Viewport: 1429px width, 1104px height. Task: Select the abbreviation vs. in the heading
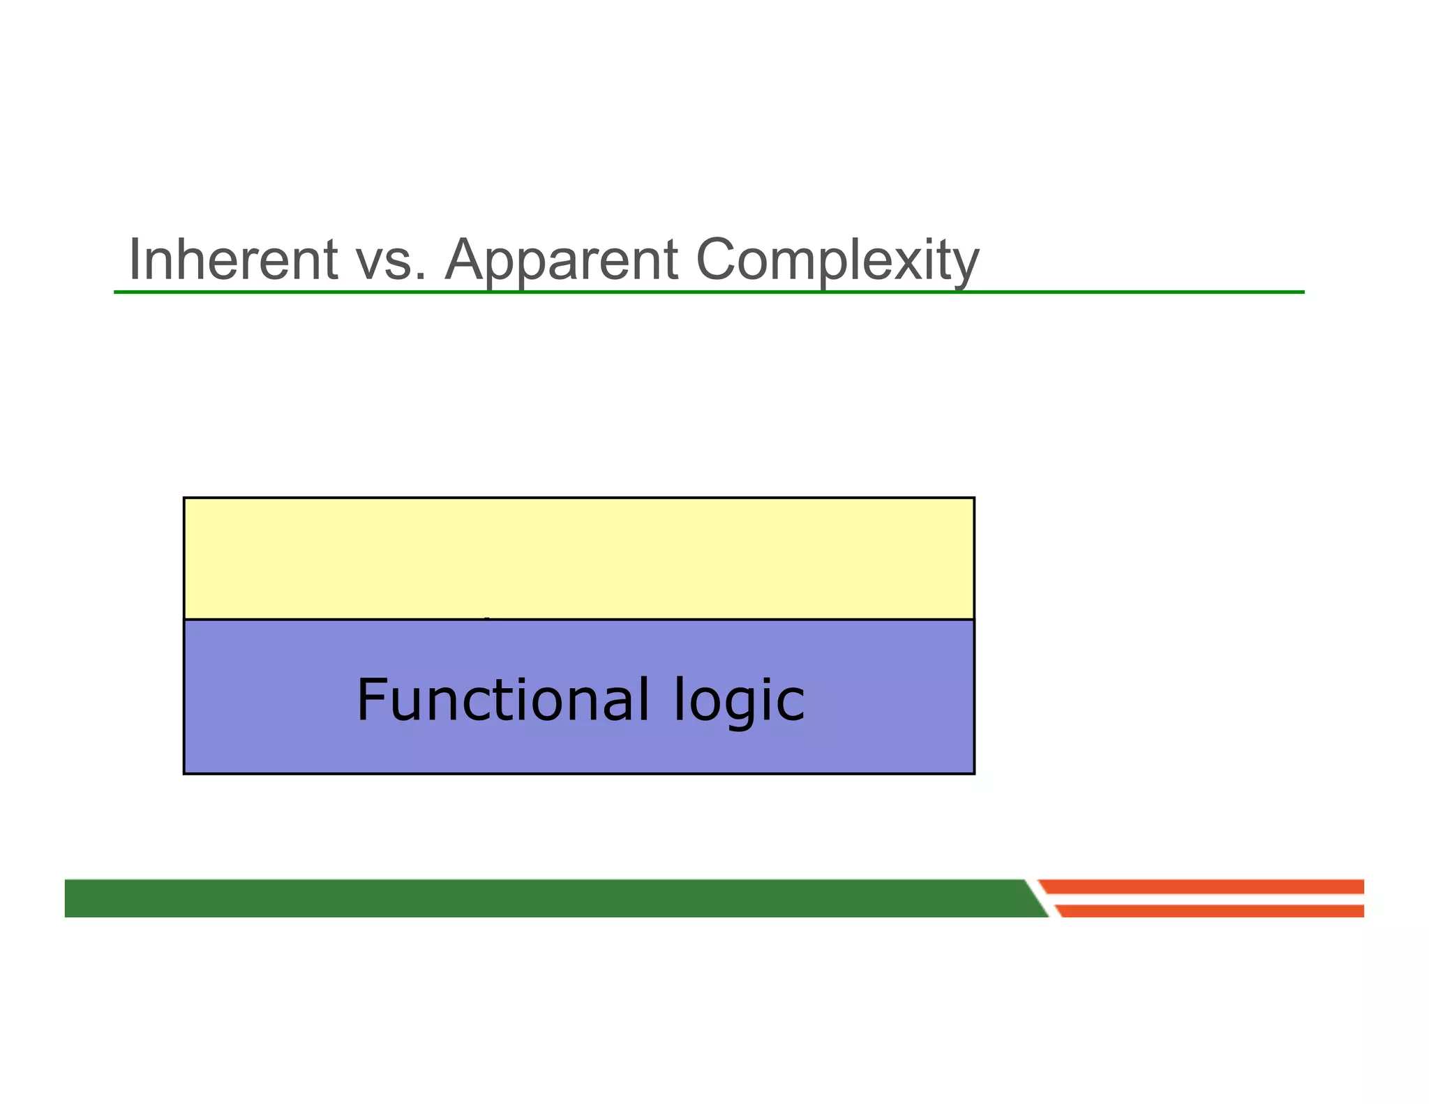(391, 261)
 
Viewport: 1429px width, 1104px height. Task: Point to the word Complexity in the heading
(837, 261)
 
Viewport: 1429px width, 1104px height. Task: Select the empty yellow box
(578, 558)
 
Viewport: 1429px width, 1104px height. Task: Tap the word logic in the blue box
(739, 701)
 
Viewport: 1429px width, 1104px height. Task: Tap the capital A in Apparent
(467, 260)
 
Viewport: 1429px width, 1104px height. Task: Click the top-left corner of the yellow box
(184, 498)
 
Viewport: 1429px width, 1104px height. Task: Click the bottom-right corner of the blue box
(973, 773)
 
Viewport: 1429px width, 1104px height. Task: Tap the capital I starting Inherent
(135, 260)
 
